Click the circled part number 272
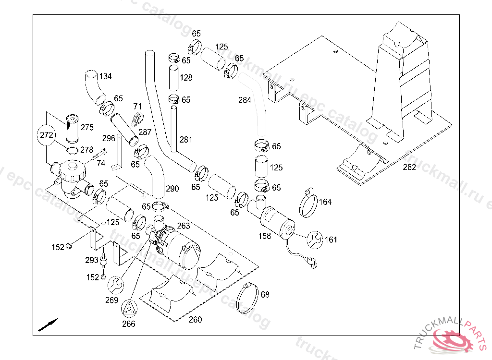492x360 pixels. click(47, 135)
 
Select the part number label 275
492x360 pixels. click(87, 127)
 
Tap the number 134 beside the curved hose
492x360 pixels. click(105, 76)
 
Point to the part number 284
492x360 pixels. click(245, 100)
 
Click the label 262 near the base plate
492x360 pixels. click(409, 167)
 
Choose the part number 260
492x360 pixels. click(195, 320)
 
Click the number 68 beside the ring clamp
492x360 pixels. click(265, 294)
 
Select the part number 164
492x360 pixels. click(325, 202)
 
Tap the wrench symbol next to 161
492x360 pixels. click(315, 240)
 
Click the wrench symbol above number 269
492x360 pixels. click(115, 285)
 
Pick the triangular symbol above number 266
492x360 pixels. click(129, 308)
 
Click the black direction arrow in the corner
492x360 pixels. click(48, 325)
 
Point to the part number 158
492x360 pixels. click(265, 236)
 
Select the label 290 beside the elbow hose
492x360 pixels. click(172, 189)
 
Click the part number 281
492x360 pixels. click(186, 140)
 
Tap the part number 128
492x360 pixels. click(186, 77)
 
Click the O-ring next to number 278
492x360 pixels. click(72, 150)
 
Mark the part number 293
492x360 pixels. click(92, 260)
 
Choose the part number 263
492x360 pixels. click(184, 226)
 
